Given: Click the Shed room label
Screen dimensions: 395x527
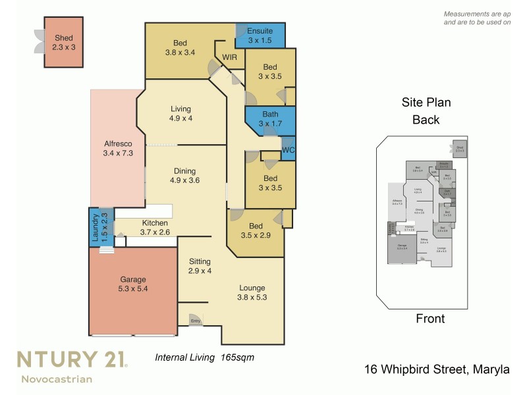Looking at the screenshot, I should click(x=64, y=43).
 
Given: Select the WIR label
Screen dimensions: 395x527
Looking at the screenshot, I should click(x=230, y=57).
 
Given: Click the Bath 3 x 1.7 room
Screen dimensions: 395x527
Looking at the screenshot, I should click(x=270, y=119).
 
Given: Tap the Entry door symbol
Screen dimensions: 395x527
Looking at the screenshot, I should click(x=196, y=320).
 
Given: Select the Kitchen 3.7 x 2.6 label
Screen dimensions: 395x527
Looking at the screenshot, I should click(x=155, y=228).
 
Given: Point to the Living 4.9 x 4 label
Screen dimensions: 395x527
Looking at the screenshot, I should click(x=180, y=114).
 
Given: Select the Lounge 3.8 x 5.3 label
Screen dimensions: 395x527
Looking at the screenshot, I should click(x=252, y=292).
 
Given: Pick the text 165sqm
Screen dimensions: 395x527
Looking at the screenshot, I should click(x=237, y=357).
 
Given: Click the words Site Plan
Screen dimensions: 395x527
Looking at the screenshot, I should click(x=426, y=103).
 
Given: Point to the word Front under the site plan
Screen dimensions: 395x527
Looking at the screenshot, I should click(x=430, y=319).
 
